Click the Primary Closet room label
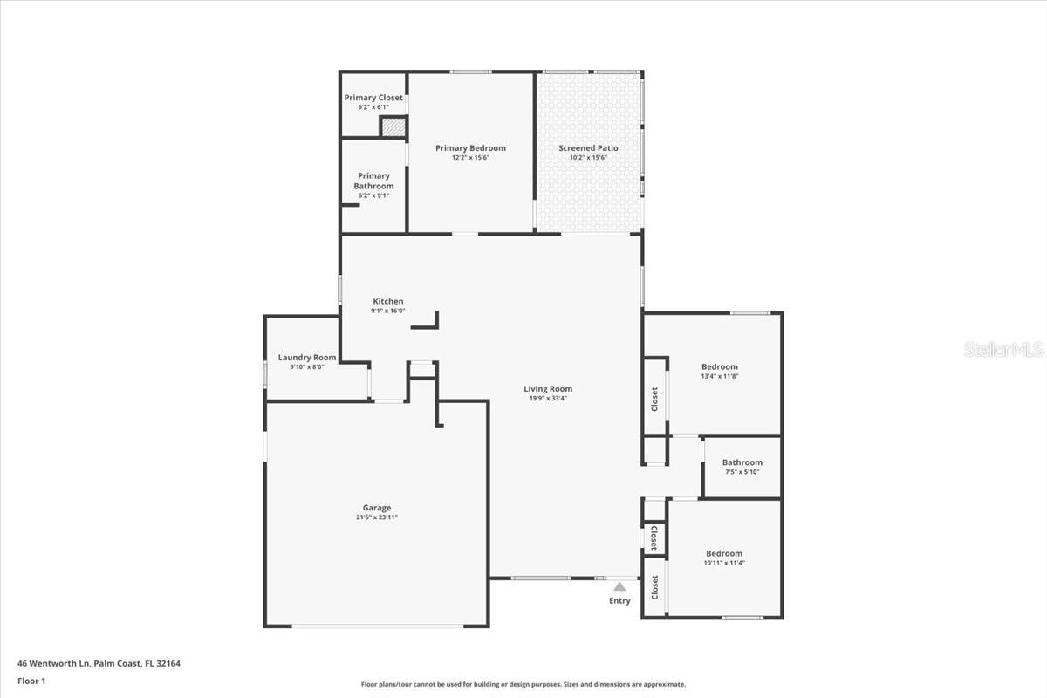click(x=373, y=98)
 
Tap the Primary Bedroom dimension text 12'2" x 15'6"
click(x=470, y=158)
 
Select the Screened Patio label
click(x=588, y=148)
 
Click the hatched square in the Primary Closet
click(x=393, y=127)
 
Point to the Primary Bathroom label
click(x=373, y=181)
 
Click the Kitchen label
click(x=388, y=302)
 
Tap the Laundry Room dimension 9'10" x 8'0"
click(x=307, y=367)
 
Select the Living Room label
click(x=548, y=389)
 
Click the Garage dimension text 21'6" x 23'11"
click(x=377, y=517)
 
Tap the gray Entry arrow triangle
click(x=619, y=586)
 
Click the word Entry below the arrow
click(x=619, y=600)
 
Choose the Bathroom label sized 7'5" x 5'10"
click(x=742, y=462)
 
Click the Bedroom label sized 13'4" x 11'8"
click(x=720, y=366)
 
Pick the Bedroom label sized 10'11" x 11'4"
click(x=724, y=553)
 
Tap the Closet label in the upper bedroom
click(x=654, y=399)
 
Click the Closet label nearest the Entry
click(x=654, y=586)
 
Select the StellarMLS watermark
click(x=1003, y=349)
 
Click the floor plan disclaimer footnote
click(x=523, y=685)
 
